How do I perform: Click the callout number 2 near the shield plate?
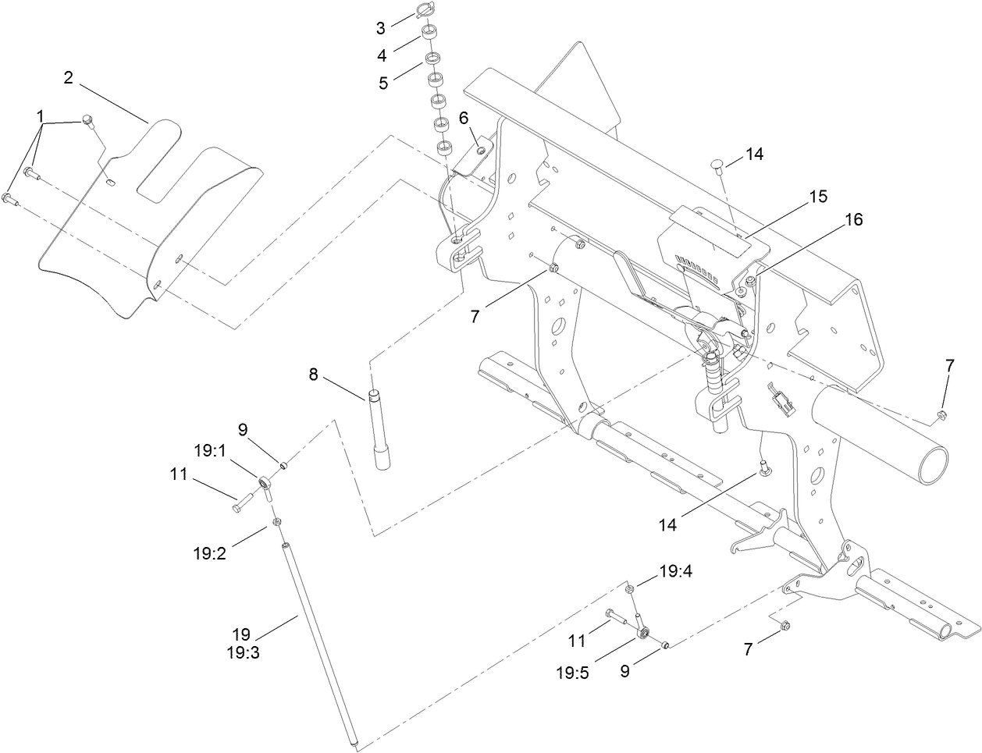point(69,77)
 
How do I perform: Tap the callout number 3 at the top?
point(381,29)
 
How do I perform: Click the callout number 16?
point(854,220)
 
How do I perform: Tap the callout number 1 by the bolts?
point(40,116)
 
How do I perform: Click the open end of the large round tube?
point(934,467)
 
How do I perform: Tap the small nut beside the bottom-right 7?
point(785,624)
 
